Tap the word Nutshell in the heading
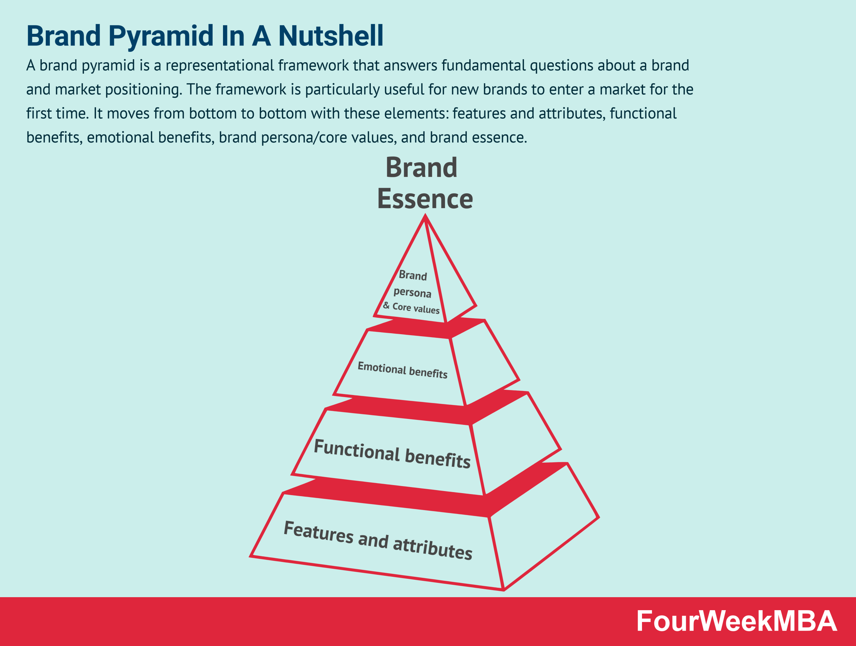pyautogui.click(x=331, y=35)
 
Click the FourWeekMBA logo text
pyautogui.click(x=736, y=621)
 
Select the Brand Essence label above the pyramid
pyautogui.click(x=425, y=183)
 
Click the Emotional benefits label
pyautogui.click(x=403, y=370)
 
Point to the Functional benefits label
pyautogui.click(x=392, y=454)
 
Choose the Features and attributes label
pyautogui.click(x=378, y=540)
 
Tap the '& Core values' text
pyautogui.click(x=411, y=308)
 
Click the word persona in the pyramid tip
pyautogui.click(x=412, y=292)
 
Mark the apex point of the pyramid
pyautogui.click(x=425, y=215)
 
